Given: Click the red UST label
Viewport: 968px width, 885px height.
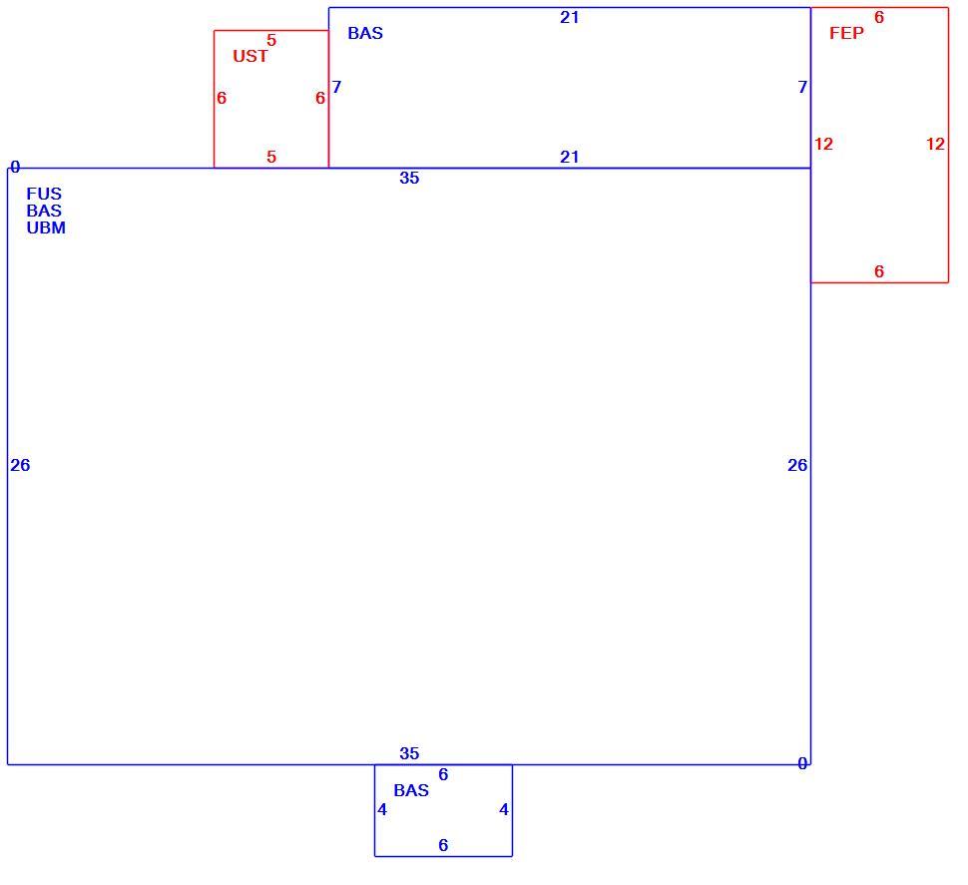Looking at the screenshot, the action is pos(250,56).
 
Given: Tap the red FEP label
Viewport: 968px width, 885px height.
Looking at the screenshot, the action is pos(846,33).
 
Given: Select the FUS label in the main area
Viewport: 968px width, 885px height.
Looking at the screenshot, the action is pos(44,194).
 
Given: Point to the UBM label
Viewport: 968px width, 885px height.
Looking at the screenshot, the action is pos(46,227).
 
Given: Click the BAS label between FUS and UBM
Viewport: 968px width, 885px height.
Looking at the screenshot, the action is pos(44,211).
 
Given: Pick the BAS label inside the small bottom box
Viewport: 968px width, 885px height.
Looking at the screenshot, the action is pos(411,790).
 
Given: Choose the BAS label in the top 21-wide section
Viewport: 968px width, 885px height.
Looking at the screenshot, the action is pos(365,33).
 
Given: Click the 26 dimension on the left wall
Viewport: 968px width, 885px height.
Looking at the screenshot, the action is pos(20,465).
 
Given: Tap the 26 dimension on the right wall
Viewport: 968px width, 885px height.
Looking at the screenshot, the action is pos(797,465).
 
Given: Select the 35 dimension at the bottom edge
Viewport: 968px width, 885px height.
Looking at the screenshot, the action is pos(409,753).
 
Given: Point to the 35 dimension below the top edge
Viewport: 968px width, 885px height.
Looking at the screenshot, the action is pos(409,179).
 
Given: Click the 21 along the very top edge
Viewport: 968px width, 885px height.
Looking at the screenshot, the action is pos(569,18).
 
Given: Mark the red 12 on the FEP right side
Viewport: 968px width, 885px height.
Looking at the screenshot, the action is pos(935,145).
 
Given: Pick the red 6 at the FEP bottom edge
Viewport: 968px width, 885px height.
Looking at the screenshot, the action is pos(879,271).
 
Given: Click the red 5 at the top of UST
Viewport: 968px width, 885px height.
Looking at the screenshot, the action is pos(271,41).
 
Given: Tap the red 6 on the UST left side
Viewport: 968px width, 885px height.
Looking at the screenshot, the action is pos(222,98).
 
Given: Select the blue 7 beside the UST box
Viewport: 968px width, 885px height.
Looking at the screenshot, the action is pos(336,87).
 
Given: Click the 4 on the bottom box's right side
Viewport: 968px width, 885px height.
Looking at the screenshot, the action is pos(504,810).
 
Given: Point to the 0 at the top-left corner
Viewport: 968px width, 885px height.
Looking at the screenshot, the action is pos(15,168).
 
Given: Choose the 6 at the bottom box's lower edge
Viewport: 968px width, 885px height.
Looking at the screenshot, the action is pos(443,845).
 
